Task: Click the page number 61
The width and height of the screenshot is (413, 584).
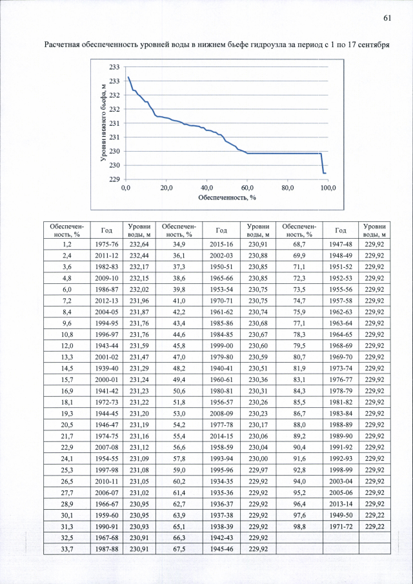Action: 387,17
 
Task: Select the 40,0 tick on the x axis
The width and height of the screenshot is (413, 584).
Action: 206,188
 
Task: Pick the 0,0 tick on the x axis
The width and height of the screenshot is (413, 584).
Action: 125,188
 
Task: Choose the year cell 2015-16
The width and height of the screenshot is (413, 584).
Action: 221,245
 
